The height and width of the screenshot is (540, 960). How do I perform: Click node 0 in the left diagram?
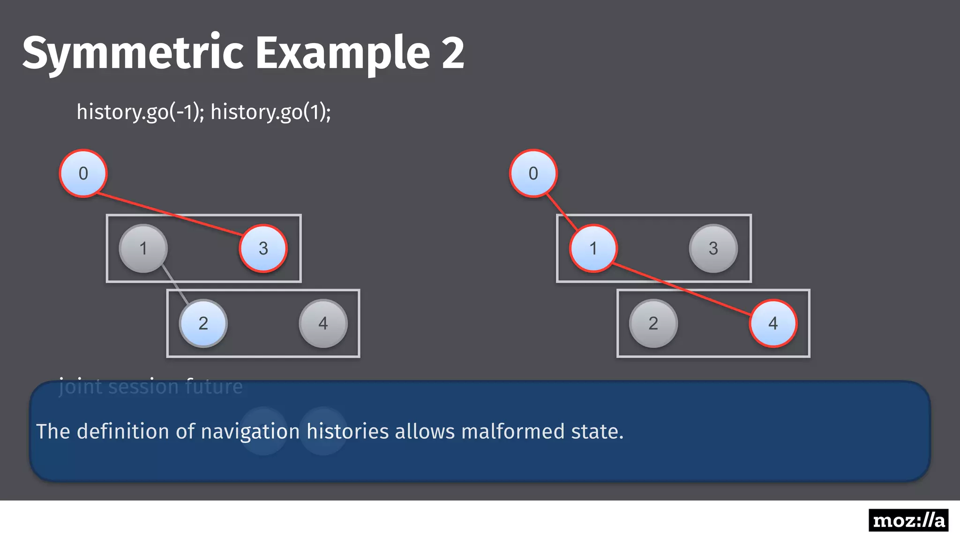[x=83, y=173]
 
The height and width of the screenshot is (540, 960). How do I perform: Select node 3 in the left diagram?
[x=263, y=248]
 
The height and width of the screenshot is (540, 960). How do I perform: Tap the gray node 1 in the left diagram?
[x=143, y=248]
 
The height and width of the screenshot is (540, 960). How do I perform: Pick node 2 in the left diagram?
[x=203, y=323]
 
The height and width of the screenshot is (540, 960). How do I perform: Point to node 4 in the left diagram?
[x=323, y=323]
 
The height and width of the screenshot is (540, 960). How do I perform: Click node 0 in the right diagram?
[x=533, y=173]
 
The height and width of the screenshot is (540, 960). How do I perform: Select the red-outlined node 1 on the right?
[x=593, y=248]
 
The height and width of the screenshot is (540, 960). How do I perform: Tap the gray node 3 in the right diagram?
[x=713, y=248]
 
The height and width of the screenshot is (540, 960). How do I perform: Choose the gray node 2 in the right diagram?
[x=653, y=323]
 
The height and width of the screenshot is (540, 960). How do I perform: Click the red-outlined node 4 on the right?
[x=773, y=323]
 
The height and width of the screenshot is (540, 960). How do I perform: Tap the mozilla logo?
[x=908, y=520]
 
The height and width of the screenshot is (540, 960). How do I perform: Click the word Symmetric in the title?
[x=133, y=52]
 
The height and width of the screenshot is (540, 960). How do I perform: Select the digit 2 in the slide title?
[x=452, y=52]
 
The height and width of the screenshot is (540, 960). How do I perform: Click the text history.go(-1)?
[x=140, y=112]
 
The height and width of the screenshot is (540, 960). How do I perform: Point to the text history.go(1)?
[x=270, y=112]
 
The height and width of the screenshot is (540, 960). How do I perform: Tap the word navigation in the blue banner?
[x=250, y=431]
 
